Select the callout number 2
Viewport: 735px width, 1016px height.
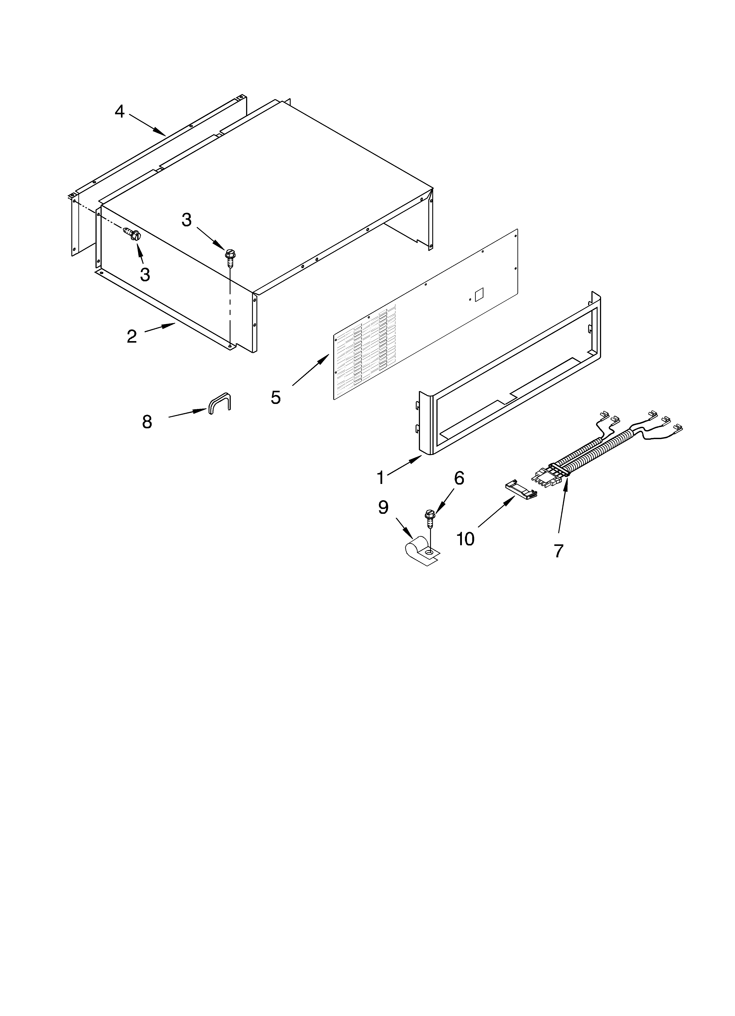tap(132, 336)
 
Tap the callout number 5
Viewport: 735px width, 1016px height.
tap(276, 397)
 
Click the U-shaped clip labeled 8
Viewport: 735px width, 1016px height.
tap(219, 402)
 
